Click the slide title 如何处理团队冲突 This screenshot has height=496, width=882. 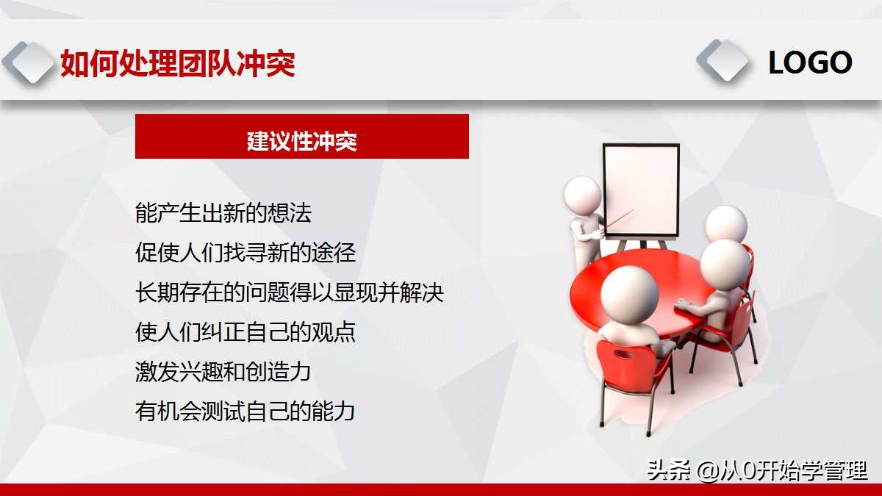tap(178, 64)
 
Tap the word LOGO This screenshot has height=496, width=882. tap(809, 63)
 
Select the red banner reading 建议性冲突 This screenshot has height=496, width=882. tap(301, 137)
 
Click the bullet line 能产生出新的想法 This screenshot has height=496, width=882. tap(224, 213)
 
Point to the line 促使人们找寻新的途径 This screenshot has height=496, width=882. tap(245, 253)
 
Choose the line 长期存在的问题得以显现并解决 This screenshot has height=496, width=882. tap(290, 292)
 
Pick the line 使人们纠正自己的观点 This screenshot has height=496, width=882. tap(245, 332)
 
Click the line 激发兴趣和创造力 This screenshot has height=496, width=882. tap(223, 371)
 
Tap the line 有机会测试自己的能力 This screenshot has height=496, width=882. tap(245, 411)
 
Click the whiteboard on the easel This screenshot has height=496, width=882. tap(641, 189)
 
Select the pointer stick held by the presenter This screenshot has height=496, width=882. tap(617, 220)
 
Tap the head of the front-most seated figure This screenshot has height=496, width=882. tap(629, 291)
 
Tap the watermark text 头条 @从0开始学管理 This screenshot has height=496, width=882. tap(757, 470)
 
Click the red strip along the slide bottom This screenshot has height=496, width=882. tap(441, 489)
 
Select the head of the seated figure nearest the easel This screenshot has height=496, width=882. tap(725, 223)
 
